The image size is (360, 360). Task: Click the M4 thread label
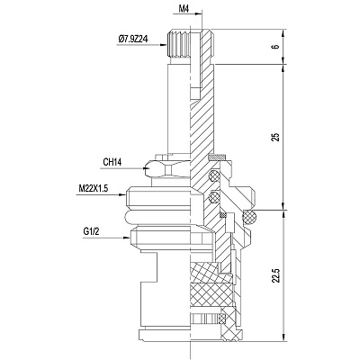click(184, 9)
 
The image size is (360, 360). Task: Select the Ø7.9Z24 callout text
click(133, 39)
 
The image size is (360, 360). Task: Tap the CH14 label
click(112, 162)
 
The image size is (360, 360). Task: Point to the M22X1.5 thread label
click(93, 188)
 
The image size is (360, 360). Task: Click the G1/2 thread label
click(91, 231)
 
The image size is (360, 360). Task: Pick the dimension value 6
click(276, 47)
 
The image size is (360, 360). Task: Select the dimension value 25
click(276, 137)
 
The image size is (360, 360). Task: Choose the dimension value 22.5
click(276, 275)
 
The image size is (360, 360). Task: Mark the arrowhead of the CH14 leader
click(146, 168)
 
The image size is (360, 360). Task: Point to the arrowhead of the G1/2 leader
click(127, 238)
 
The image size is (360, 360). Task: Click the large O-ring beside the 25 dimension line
click(249, 217)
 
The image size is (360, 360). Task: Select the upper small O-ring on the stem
click(213, 175)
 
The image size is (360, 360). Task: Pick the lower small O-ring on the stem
click(213, 197)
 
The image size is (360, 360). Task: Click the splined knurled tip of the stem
click(179, 44)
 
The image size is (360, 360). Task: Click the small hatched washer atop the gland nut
click(218, 157)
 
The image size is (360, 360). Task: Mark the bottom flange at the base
click(190, 335)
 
